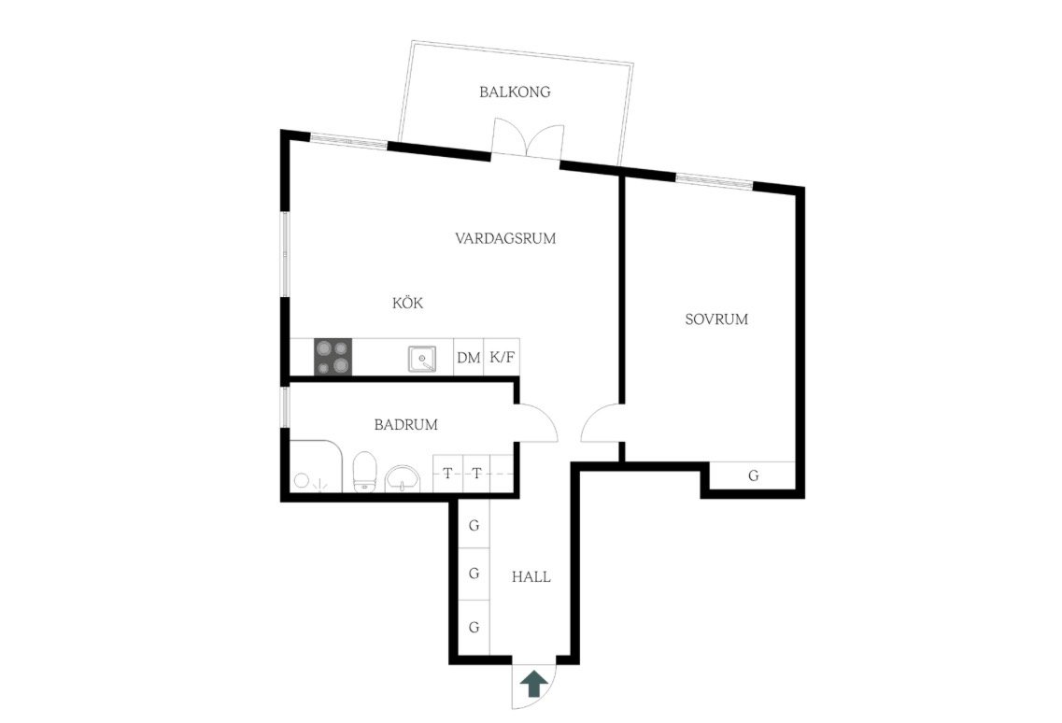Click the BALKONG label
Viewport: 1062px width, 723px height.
coord(515,92)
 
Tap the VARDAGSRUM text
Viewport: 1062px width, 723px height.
coord(505,238)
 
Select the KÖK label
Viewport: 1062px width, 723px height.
coord(408,303)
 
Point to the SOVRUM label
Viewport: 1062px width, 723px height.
coord(716,319)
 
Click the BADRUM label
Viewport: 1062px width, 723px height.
coord(405,425)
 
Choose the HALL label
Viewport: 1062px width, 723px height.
coord(531,577)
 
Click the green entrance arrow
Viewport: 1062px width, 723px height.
coord(534,684)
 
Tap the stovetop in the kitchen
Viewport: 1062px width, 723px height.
coord(333,357)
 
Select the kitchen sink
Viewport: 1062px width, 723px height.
coord(422,359)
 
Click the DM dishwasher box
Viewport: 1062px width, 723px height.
coord(469,357)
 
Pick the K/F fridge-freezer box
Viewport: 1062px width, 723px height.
coord(502,357)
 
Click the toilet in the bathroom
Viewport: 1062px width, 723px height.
coord(364,471)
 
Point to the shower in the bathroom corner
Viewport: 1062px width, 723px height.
coord(317,466)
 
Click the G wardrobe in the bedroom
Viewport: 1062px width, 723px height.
coord(753,475)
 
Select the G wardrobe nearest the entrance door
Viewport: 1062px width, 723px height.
coord(474,628)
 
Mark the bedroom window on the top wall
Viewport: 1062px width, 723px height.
coord(715,180)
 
